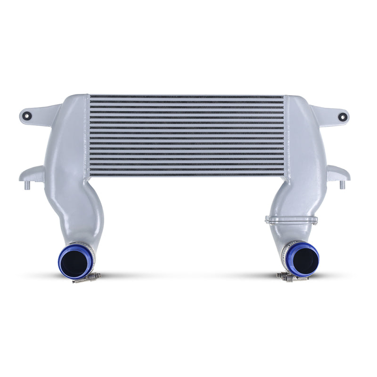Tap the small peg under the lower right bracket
tap(342, 185)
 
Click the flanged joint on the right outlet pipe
tap(291, 220)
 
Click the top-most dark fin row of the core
tap(187, 97)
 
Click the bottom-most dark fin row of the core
tap(187, 175)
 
